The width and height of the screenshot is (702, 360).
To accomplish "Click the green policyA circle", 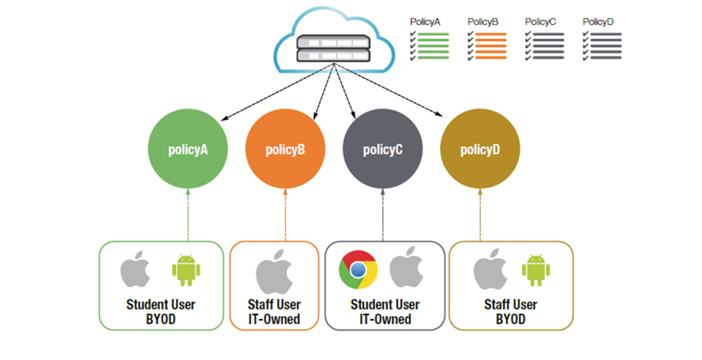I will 188,149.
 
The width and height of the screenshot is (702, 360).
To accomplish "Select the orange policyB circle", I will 285,149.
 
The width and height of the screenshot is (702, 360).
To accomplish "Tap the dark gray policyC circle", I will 382,149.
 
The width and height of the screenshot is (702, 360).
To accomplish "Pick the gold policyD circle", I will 480,149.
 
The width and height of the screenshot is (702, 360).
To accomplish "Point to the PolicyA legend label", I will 425,22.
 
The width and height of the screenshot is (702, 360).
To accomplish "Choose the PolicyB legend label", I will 483,22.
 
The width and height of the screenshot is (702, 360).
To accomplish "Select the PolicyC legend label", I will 540,22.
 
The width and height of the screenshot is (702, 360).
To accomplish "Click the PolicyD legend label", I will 598,22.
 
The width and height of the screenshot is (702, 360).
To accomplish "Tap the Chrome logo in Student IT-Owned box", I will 358,269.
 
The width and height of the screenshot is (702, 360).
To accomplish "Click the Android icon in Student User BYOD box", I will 186,270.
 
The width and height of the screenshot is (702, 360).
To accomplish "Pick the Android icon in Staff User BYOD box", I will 536,270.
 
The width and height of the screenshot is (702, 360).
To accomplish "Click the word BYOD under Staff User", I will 511,320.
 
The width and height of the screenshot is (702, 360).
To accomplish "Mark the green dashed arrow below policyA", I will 188,214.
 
